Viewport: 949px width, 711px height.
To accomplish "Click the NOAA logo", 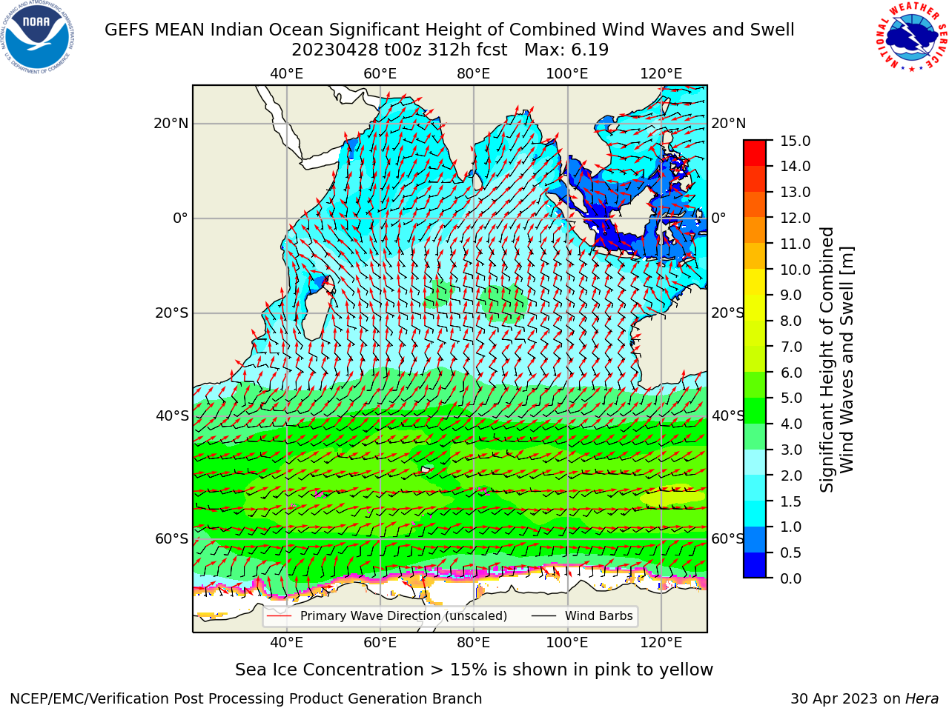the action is click(x=38, y=38).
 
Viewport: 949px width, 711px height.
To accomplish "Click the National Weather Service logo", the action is click(x=911, y=36).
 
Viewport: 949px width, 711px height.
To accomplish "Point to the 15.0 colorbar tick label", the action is click(x=795, y=141).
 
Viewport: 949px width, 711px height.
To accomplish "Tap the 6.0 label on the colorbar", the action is click(x=791, y=372).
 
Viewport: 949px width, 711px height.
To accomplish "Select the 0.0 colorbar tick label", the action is click(x=791, y=578).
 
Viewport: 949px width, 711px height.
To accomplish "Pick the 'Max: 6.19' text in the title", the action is click(x=566, y=50).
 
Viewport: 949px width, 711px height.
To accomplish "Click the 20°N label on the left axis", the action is click(x=171, y=124).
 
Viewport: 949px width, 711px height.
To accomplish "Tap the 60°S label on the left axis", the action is click(x=172, y=539).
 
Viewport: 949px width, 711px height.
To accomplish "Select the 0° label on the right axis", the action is click(x=718, y=218).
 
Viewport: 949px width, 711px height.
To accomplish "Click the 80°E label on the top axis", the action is click(x=474, y=74).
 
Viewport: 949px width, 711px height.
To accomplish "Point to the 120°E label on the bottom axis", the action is click(x=661, y=643).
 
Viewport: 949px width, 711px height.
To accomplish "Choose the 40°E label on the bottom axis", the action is click(x=287, y=643).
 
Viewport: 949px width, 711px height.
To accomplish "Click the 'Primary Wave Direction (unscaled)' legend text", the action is click(x=403, y=616).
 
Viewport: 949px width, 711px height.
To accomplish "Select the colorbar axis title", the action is click(x=836, y=359).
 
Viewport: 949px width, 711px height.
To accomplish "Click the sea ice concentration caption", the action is click(x=474, y=670).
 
